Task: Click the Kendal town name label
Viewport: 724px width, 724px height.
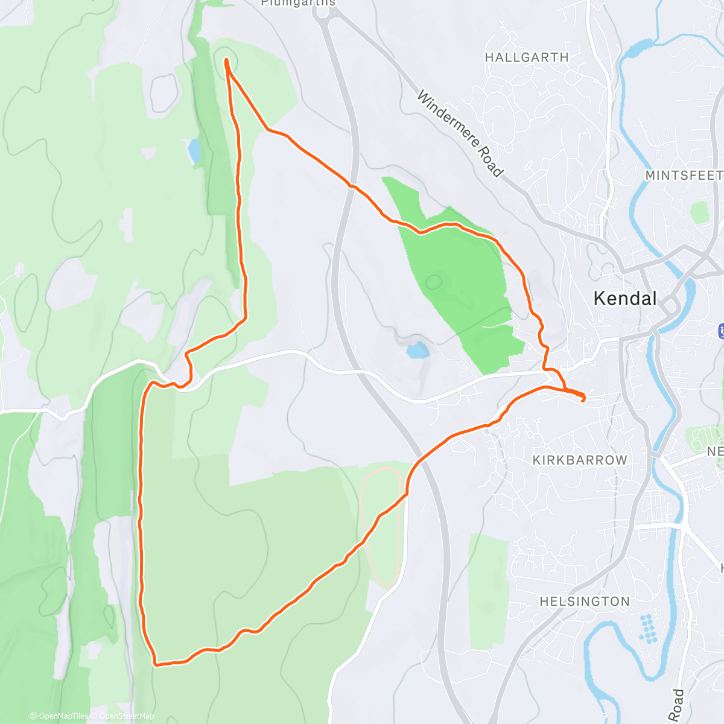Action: pyautogui.click(x=625, y=298)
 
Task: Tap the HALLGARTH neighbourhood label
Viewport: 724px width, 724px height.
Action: pyautogui.click(x=527, y=58)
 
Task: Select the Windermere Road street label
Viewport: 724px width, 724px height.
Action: pyautogui.click(x=460, y=134)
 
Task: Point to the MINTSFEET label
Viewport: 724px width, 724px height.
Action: pyautogui.click(x=684, y=176)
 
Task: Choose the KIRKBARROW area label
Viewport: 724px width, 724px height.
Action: pyautogui.click(x=579, y=460)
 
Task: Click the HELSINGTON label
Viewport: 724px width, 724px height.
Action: pyautogui.click(x=584, y=602)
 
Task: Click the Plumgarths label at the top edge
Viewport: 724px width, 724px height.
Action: pyautogui.click(x=297, y=4)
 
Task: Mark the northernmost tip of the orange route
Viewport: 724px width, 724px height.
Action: pyautogui.click(x=226, y=60)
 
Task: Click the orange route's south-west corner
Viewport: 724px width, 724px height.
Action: pyautogui.click(x=156, y=664)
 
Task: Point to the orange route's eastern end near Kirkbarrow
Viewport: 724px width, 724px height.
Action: pyautogui.click(x=583, y=398)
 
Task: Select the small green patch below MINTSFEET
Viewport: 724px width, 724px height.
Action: pyautogui.click(x=700, y=212)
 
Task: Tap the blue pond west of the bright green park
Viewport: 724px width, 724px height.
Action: pyautogui.click(x=416, y=350)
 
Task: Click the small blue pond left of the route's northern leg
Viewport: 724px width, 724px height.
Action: pyautogui.click(x=194, y=150)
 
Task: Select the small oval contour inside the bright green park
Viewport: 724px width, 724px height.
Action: pyautogui.click(x=433, y=281)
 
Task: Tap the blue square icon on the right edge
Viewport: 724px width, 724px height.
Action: pyautogui.click(x=721, y=331)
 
